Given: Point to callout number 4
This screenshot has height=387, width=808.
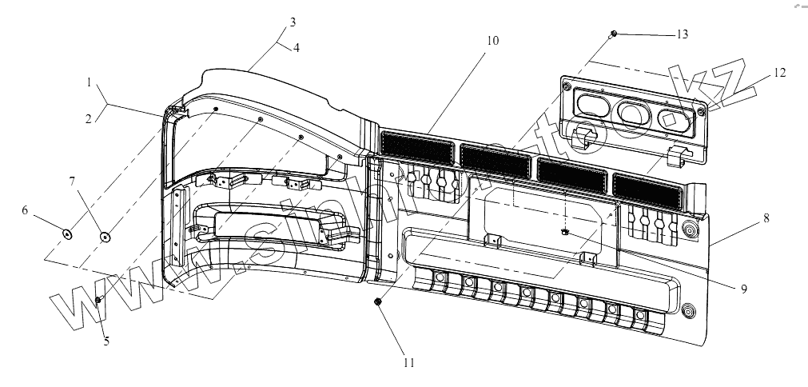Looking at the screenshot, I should pyautogui.click(x=297, y=47).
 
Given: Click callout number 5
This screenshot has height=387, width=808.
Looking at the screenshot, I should pyautogui.click(x=105, y=341).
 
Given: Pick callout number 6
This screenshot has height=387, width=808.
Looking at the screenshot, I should pyautogui.click(x=46, y=210).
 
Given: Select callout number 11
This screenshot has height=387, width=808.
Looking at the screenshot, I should pyautogui.click(x=409, y=362).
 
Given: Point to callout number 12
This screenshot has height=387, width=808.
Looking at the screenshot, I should pyautogui.click(x=779, y=73).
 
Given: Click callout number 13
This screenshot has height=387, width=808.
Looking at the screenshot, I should pyautogui.click(x=681, y=34).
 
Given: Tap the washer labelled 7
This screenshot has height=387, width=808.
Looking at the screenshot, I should pyautogui.click(x=104, y=236).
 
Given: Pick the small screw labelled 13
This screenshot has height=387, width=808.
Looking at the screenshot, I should pyautogui.click(x=613, y=34).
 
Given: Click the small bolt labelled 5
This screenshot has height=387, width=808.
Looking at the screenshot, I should pyautogui.click(x=98, y=299).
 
